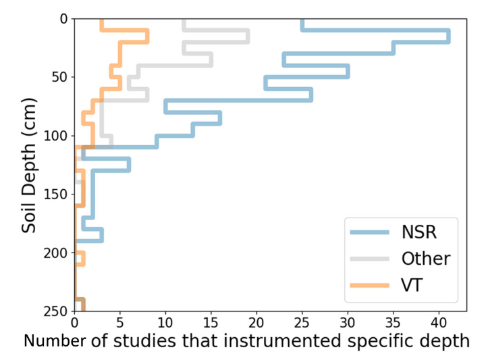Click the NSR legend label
point(419,232)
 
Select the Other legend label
point(425,259)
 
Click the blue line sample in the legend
point(370,232)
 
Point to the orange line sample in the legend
point(370,285)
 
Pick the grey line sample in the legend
point(370,259)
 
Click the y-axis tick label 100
point(54,136)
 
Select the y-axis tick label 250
point(54,311)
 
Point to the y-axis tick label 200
point(54,253)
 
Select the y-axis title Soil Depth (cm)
point(28,165)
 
